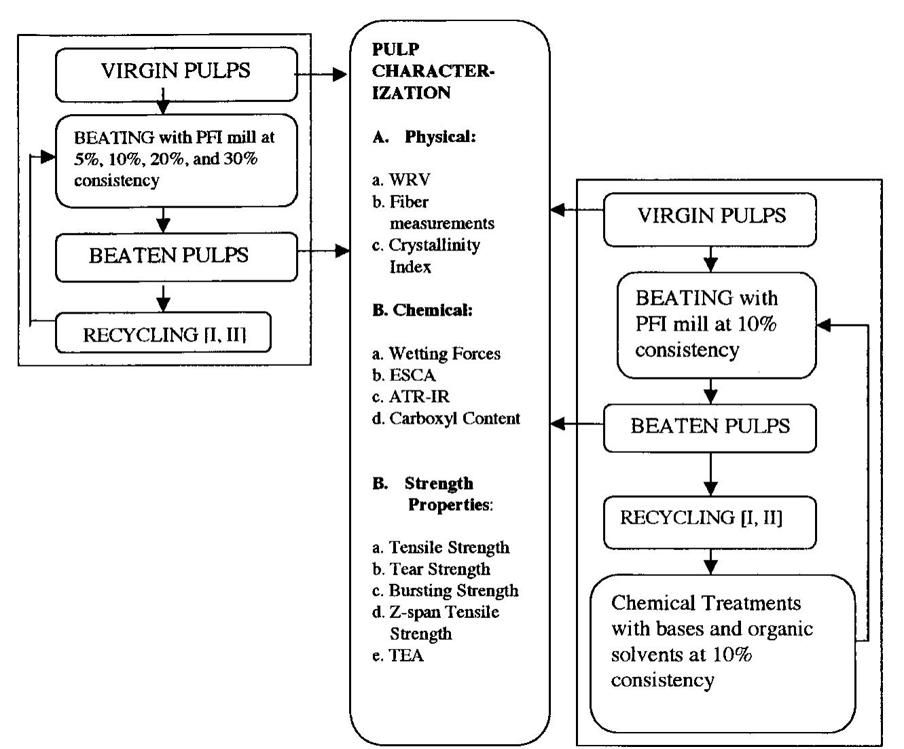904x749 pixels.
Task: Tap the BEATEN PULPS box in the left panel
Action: coord(176,257)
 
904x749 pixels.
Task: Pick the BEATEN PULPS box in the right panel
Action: coord(710,427)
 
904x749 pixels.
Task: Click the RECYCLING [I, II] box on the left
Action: coord(163,333)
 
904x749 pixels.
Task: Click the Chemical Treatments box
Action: coord(722,653)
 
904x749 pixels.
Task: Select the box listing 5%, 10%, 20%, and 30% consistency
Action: coord(176,160)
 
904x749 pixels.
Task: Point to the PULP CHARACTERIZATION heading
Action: coord(433,71)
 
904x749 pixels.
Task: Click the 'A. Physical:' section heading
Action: coord(424,136)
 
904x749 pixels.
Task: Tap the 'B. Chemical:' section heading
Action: coord(422,310)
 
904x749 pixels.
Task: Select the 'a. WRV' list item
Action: coord(401,180)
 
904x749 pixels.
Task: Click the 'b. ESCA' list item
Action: coord(404,376)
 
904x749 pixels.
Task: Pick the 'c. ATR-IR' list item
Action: coord(411,397)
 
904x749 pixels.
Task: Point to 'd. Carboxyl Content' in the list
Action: coord(446,419)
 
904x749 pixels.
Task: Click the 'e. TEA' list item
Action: coord(398,655)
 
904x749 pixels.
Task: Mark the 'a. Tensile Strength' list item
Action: coord(441,547)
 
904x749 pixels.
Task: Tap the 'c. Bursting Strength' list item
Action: coord(446,591)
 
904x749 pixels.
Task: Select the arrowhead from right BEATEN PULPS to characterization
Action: coord(558,424)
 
